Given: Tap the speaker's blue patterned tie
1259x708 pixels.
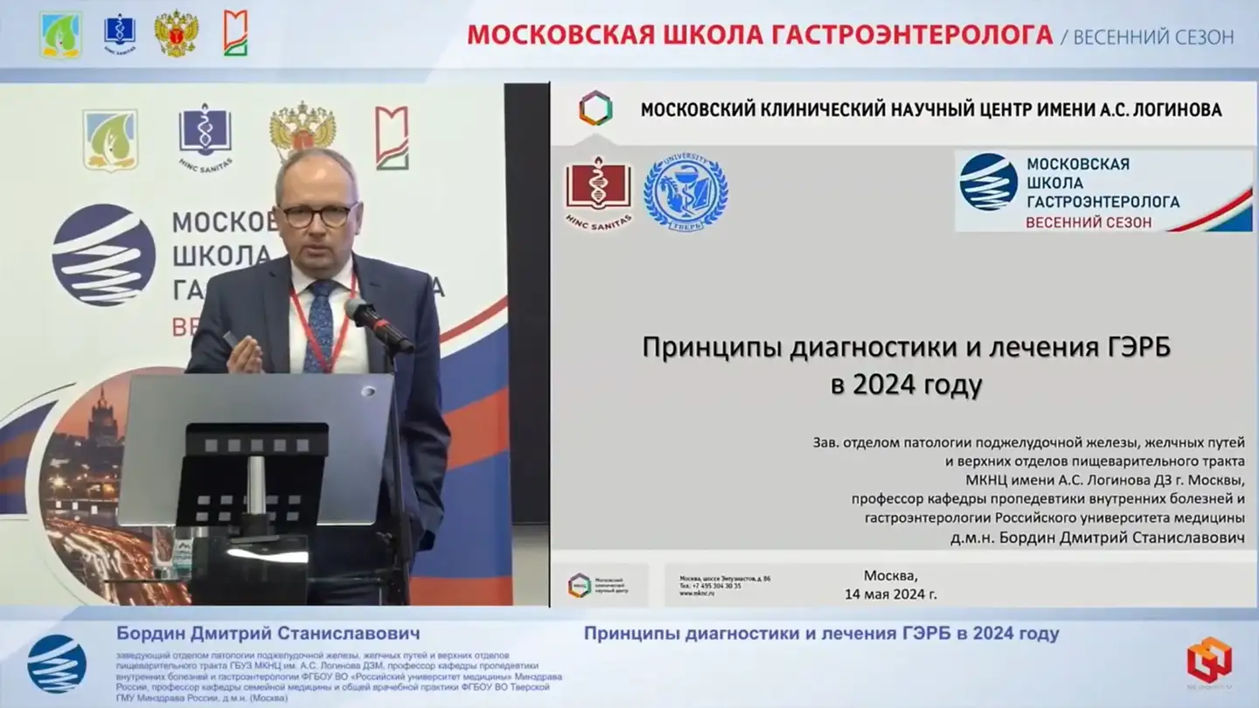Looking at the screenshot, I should click(x=318, y=324).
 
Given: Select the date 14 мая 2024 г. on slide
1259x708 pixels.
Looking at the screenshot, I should click(x=891, y=594).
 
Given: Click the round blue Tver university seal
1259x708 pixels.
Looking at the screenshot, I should click(x=685, y=192).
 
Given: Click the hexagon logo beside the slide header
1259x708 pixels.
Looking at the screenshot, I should click(x=595, y=108).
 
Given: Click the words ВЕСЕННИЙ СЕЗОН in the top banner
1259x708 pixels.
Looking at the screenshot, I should click(x=1153, y=36).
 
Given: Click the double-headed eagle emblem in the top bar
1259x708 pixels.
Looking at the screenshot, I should click(x=177, y=34).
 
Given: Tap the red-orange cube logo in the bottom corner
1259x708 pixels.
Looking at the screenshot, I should click(x=1209, y=659).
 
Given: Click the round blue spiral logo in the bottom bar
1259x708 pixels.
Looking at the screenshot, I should click(x=57, y=663).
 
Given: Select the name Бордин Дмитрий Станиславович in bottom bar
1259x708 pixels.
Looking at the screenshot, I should click(x=268, y=633).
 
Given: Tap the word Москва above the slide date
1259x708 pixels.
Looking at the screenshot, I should click(x=891, y=576).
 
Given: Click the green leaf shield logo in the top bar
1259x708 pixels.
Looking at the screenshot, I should click(x=60, y=34).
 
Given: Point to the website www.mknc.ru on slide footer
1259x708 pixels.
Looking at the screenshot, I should click(x=698, y=593).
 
